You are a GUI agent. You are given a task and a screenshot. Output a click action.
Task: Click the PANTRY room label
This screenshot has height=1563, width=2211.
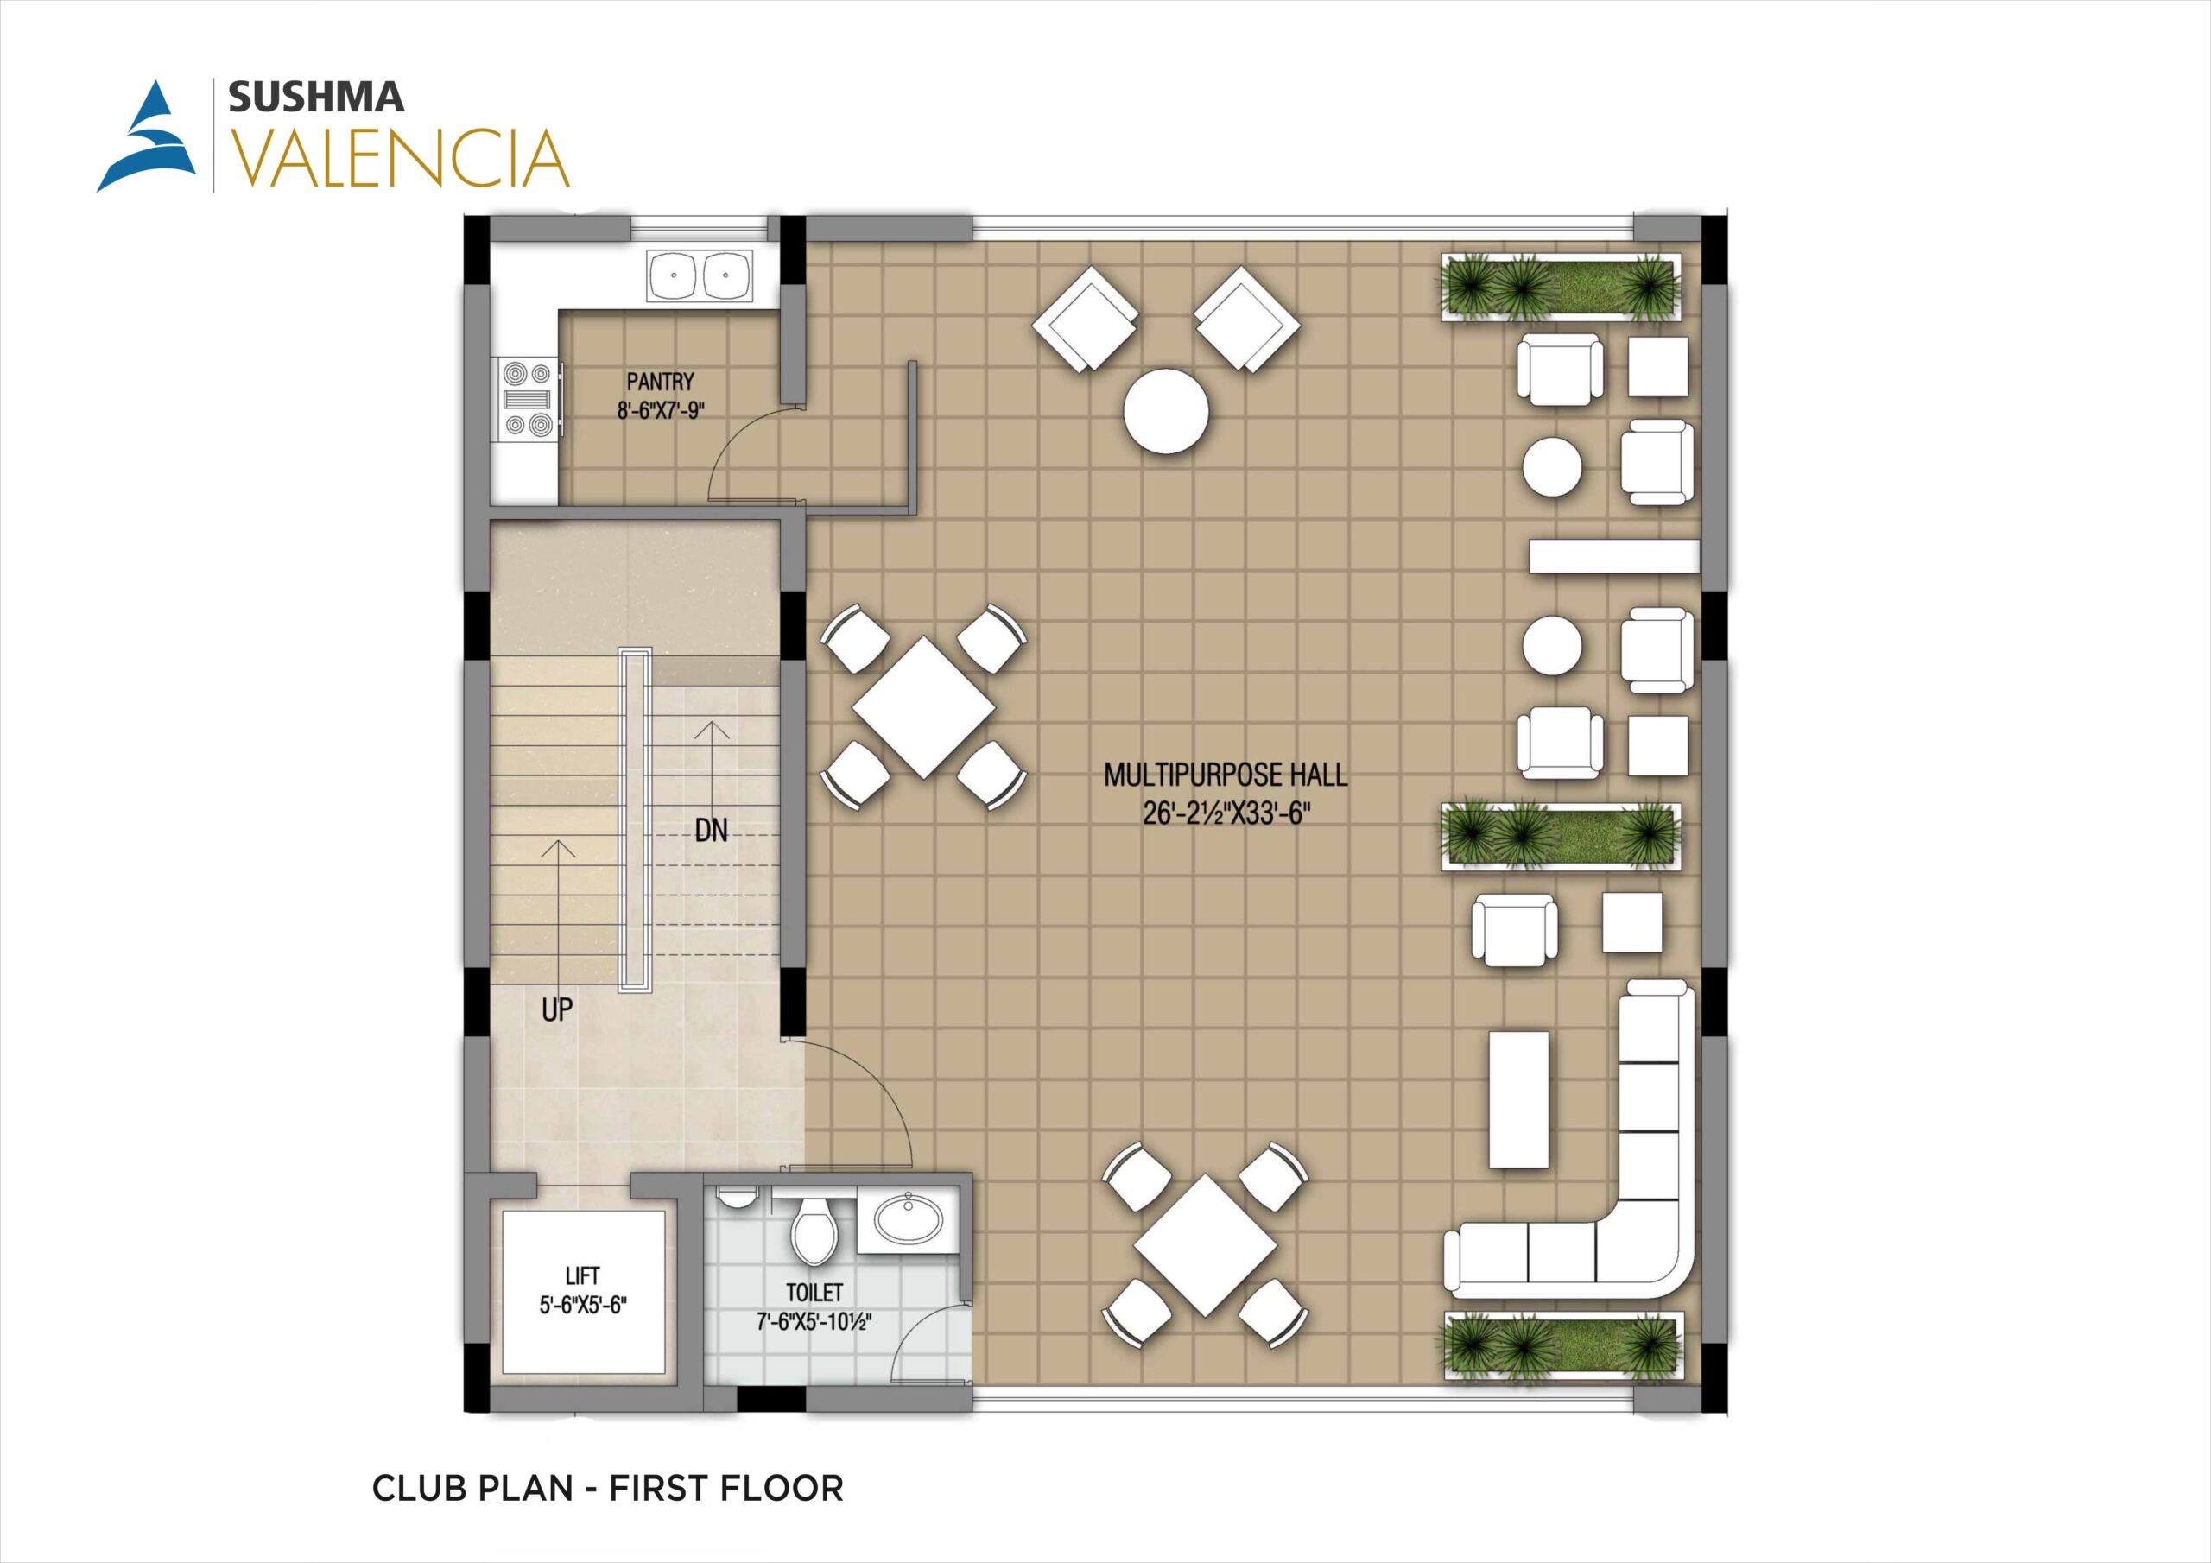660,383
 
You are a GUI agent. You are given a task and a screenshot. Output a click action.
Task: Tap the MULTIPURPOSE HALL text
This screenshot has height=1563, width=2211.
1225,775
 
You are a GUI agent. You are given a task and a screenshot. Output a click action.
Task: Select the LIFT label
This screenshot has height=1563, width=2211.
583,1276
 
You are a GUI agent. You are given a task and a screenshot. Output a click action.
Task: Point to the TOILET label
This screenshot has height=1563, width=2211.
814,1293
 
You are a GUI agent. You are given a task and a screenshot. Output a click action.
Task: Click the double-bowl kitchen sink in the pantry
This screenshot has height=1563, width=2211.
700,276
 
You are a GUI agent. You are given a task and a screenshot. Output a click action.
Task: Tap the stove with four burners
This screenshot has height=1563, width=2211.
527,399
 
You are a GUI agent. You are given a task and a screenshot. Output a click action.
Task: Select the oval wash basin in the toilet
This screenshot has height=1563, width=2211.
907,1219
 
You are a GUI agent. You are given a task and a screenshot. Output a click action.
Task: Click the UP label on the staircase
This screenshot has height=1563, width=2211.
556,1009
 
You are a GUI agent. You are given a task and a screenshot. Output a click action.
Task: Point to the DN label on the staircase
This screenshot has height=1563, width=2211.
712,830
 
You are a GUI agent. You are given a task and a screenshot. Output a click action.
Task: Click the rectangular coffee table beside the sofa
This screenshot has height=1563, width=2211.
1519,1098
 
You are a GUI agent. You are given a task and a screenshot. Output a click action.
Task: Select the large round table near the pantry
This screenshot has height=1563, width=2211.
1165,411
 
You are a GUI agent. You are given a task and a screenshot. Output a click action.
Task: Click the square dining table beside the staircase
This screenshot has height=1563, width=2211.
923,706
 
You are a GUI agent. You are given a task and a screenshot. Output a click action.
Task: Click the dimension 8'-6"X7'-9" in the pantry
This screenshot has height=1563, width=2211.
662,411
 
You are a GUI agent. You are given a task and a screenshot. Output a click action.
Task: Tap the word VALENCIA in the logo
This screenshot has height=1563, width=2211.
396,158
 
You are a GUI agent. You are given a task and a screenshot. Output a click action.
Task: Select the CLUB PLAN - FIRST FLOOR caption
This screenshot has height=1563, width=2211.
608,1489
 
